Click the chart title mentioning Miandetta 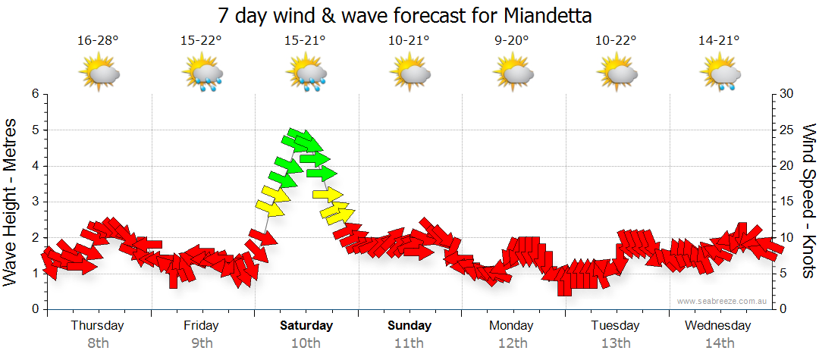pos(404,15)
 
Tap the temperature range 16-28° pos(98,41)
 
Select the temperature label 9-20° pos(512,41)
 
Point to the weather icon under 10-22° pos(615,74)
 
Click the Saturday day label pos(306,326)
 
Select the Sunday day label pos(409,326)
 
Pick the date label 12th pos(513,343)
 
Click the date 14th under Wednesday pos(719,343)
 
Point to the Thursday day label pos(98,326)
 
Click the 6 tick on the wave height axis pos(34,94)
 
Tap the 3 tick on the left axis pos(34,202)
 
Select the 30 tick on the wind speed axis pos(786,94)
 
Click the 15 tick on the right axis pos(786,202)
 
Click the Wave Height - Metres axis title pos(11,202)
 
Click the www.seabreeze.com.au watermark pos(723,301)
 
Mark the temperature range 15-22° pos(202,41)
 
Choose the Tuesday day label pos(616,326)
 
